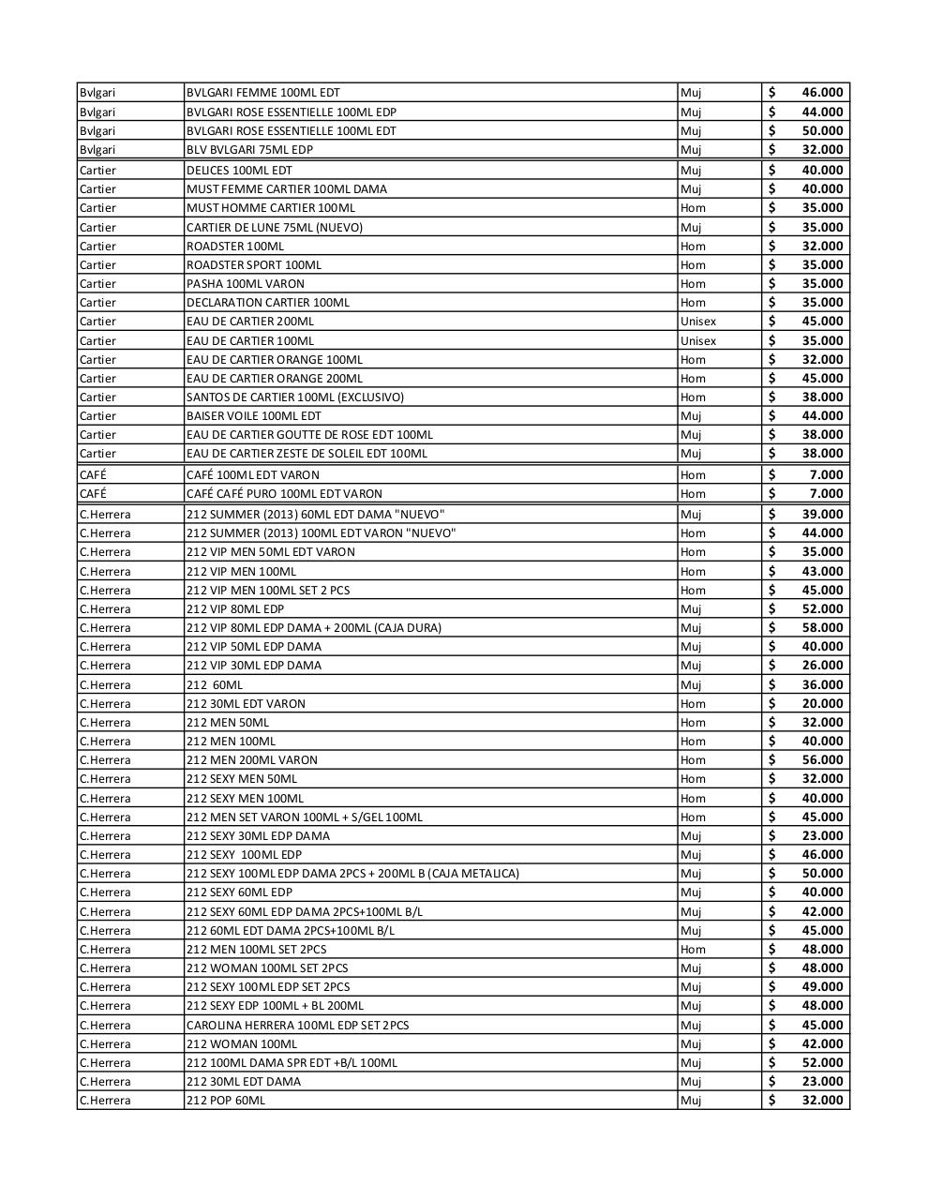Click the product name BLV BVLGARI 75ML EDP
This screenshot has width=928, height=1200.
coord(249,150)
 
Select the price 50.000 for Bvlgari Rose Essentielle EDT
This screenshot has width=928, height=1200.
coord(822,131)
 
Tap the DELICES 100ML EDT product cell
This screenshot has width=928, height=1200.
coord(239,171)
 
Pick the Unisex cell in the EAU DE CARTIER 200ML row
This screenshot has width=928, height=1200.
coord(697,322)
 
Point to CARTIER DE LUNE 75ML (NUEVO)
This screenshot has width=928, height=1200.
coord(274,227)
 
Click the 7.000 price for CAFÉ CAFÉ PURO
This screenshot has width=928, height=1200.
coord(827,494)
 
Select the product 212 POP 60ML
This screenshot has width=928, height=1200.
coord(225,1101)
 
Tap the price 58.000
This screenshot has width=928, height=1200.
coord(822,628)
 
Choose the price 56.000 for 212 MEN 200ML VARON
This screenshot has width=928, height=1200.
coord(822,760)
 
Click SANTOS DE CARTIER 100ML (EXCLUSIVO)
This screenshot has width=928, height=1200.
coord(294,397)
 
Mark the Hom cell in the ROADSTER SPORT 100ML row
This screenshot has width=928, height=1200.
coord(693,265)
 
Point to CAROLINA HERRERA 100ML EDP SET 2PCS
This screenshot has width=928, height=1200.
coord(297,1026)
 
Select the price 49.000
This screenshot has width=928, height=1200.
coord(822,987)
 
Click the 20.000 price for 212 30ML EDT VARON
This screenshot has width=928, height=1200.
coord(822,704)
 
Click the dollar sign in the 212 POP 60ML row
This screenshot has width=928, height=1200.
coord(771,1101)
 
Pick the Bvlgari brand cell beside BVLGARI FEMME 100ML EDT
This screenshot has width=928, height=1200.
coord(97,93)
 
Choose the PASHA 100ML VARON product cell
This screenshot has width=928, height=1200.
coord(245,284)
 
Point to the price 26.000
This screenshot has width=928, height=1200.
coord(822,666)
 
